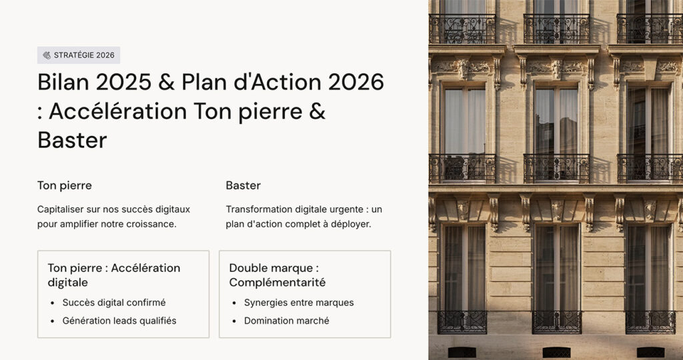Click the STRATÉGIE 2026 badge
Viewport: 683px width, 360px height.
pyautogui.click(x=79, y=55)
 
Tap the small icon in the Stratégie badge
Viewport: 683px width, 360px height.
pyautogui.click(x=47, y=55)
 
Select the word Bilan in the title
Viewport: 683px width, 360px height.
pyautogui.click(x=63, y=82)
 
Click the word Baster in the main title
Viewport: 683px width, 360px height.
pyautogui.click(x=72, y=141)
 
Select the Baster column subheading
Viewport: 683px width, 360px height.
pyautogui.click(x=243, y=185)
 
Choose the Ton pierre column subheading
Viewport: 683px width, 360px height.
pyautogui.click(x=65, y=186)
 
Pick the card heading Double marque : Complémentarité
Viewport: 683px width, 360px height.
pyautogui.click(x=277, y=275)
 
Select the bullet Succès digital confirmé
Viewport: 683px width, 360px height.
pyautogui.click(x=113, y=303)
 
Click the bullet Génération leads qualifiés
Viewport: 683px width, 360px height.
pyautogui.click(x=119, y=321)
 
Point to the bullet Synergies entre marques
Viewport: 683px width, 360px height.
pyautogui.click(x=299, y=303)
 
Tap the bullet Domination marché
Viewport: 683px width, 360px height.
pyautogui.click(x=287, y=321)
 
